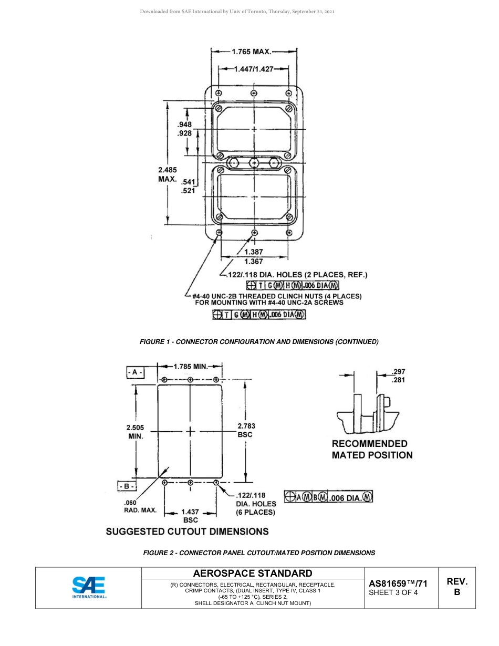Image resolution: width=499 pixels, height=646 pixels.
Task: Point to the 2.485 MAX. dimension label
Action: (x=168, y=174)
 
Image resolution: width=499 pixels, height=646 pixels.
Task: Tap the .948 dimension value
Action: (x=184, y=124)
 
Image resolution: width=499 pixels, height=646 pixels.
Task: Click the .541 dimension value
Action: (x=188, y=182)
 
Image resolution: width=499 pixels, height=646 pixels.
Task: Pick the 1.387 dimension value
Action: (x=254, y=252)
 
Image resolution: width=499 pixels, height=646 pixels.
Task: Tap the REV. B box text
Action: (x=456, y=587)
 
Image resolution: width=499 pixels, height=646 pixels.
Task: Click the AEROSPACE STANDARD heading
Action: (x=253, y=573)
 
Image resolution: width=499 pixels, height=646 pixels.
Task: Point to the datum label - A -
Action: (x=135, y=372)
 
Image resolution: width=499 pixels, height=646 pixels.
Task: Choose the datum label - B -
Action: (x=127, y=486)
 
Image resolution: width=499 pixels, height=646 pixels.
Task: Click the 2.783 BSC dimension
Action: (x=246, y=430)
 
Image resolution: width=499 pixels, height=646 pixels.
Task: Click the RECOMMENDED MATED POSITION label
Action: (x=372, y=450)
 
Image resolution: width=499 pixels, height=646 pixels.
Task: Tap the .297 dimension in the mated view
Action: (x=398, y=371)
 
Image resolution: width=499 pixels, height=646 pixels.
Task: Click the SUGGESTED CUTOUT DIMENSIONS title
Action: (x=187, y=531)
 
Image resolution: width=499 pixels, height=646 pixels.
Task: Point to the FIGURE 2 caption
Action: (x=259, y=553)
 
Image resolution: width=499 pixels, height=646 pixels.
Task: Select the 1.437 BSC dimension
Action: (x=190, y=515)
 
